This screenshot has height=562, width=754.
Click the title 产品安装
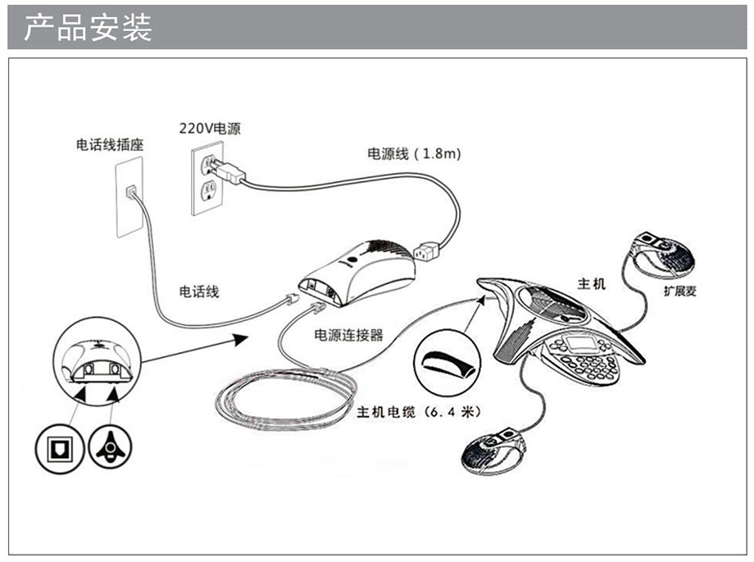pyautogui.click(x=88, y=28)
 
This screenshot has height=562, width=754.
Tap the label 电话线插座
pyautogui.click(x=110, y=145)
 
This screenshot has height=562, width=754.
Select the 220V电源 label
pyautogui.click(x=211, y=129)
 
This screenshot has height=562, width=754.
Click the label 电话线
pyautogui.click(x=199, y=291)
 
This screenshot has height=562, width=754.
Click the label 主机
pyautogui.click(x=592, y=283)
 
